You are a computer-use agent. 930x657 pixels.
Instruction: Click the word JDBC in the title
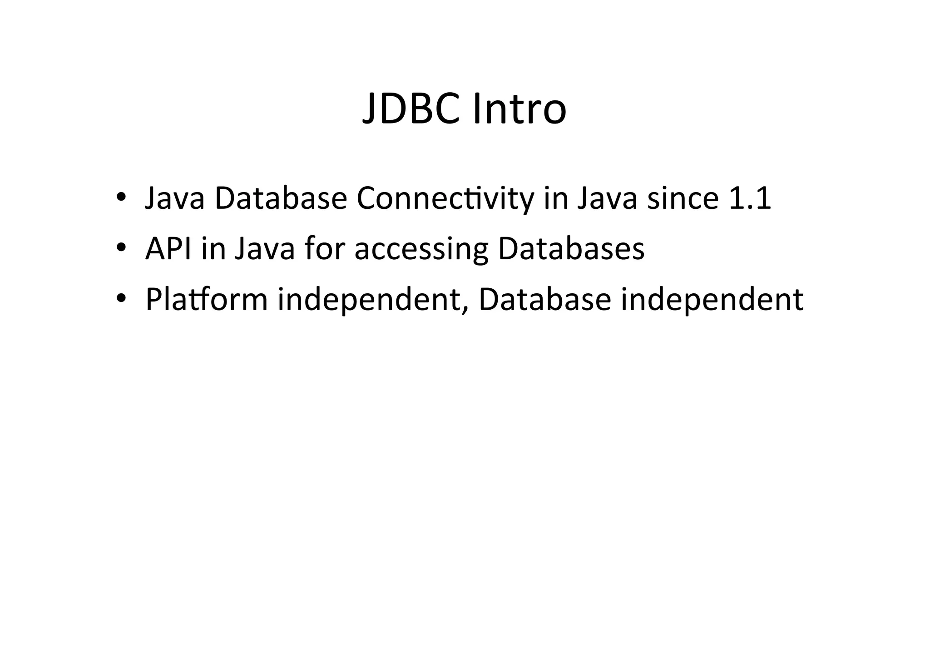[411, 109]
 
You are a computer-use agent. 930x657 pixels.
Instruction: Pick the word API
[168, 249]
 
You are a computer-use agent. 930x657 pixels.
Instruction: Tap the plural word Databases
[571, 249]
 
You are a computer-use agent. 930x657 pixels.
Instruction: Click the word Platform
[207, 300]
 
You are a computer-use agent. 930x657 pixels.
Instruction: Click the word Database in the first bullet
[281, 199]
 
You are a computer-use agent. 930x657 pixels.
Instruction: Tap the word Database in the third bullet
[544, 300]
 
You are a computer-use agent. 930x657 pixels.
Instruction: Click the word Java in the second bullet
[265, 249]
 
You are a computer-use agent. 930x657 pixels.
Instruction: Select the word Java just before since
[607, 199]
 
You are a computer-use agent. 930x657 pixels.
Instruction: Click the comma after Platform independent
[464, 309]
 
